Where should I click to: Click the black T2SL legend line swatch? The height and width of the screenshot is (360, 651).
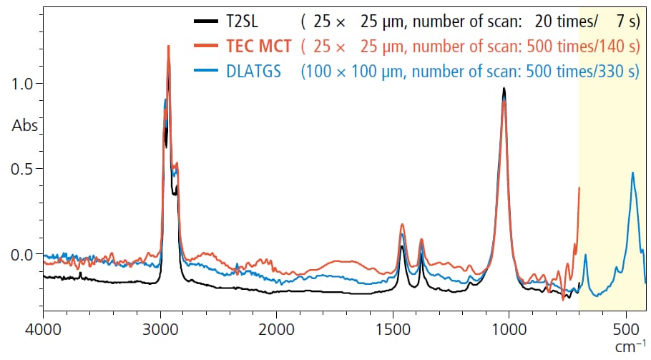coord(206,21)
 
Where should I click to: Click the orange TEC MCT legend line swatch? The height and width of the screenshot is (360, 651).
coord(206,47)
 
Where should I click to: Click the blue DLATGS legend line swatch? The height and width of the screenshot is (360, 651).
coord(206,72)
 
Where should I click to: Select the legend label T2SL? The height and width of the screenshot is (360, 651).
coord(245,21)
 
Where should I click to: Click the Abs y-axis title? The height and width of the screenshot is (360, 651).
coord(24,125)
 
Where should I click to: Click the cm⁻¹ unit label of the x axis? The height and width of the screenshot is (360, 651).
coord(631,347)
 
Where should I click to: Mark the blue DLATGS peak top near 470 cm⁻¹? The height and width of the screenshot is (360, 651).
coord(632,172)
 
